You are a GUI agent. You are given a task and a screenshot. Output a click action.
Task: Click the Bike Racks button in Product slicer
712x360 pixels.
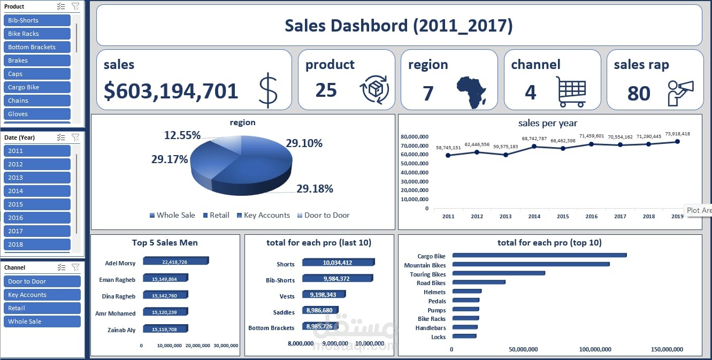36,34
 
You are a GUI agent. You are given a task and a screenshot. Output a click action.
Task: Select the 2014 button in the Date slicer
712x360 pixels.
36,191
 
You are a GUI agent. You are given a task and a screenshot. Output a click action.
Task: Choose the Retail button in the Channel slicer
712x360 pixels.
41,308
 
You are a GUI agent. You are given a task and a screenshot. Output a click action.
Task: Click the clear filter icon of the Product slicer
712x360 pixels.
75,6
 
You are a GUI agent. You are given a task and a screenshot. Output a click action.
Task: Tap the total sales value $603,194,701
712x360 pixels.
171,91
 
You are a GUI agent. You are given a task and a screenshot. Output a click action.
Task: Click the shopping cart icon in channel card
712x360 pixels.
571,91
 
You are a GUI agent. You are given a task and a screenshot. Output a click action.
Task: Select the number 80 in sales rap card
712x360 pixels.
639,94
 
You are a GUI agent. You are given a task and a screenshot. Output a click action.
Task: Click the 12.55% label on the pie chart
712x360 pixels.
182,135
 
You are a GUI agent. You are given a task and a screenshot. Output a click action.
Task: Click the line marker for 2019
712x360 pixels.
677,142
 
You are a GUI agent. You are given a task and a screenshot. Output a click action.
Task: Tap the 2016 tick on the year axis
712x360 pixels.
591,217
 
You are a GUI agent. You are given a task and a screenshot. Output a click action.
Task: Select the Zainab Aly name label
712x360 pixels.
120,330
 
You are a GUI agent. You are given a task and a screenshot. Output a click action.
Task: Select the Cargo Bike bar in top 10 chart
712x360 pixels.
539,256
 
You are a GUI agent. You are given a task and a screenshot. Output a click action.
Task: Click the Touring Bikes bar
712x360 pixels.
498,273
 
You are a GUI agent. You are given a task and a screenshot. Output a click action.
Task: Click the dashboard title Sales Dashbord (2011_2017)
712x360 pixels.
399,26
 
